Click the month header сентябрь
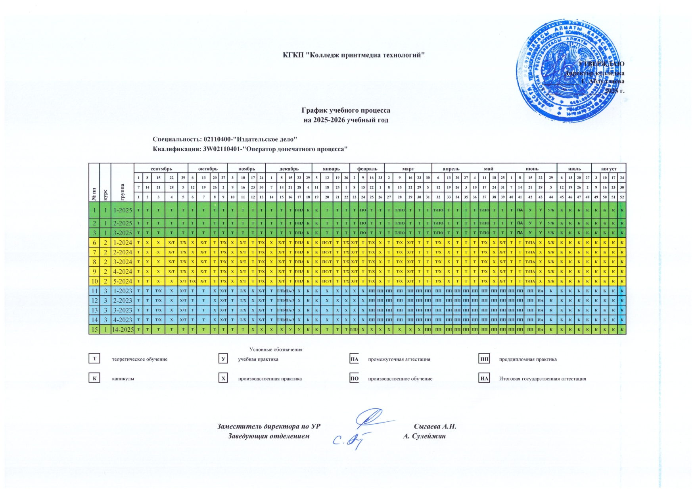pos(161,169)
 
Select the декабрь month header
pos(289,169)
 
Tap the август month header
pos(609,169)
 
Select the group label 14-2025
pos(123,330)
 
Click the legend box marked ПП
pos(484,359)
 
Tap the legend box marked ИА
pos(484,379)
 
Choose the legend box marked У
pos(224,359)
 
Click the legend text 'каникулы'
pos(123,379)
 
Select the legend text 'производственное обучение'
pos(400,379)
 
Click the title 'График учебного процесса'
pos(346,110)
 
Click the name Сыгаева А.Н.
pos(435,427)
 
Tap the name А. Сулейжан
pos(424,436)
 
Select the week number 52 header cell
pos(622,197)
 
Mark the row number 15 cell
pos(94,330)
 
